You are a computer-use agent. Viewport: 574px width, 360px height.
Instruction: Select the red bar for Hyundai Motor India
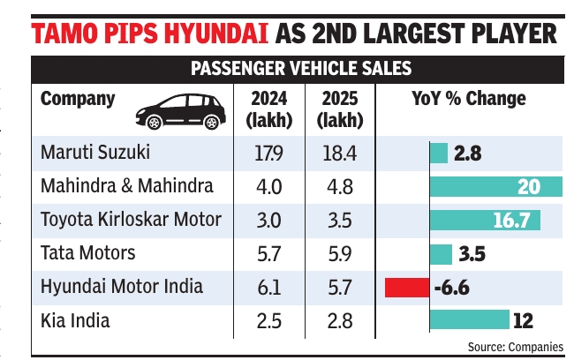point(407,287)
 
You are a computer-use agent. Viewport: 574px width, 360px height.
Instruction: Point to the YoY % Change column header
point(469,99)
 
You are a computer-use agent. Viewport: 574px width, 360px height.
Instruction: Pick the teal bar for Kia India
point(470,319)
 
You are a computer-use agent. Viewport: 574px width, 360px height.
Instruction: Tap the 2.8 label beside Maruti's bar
point(468,154)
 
